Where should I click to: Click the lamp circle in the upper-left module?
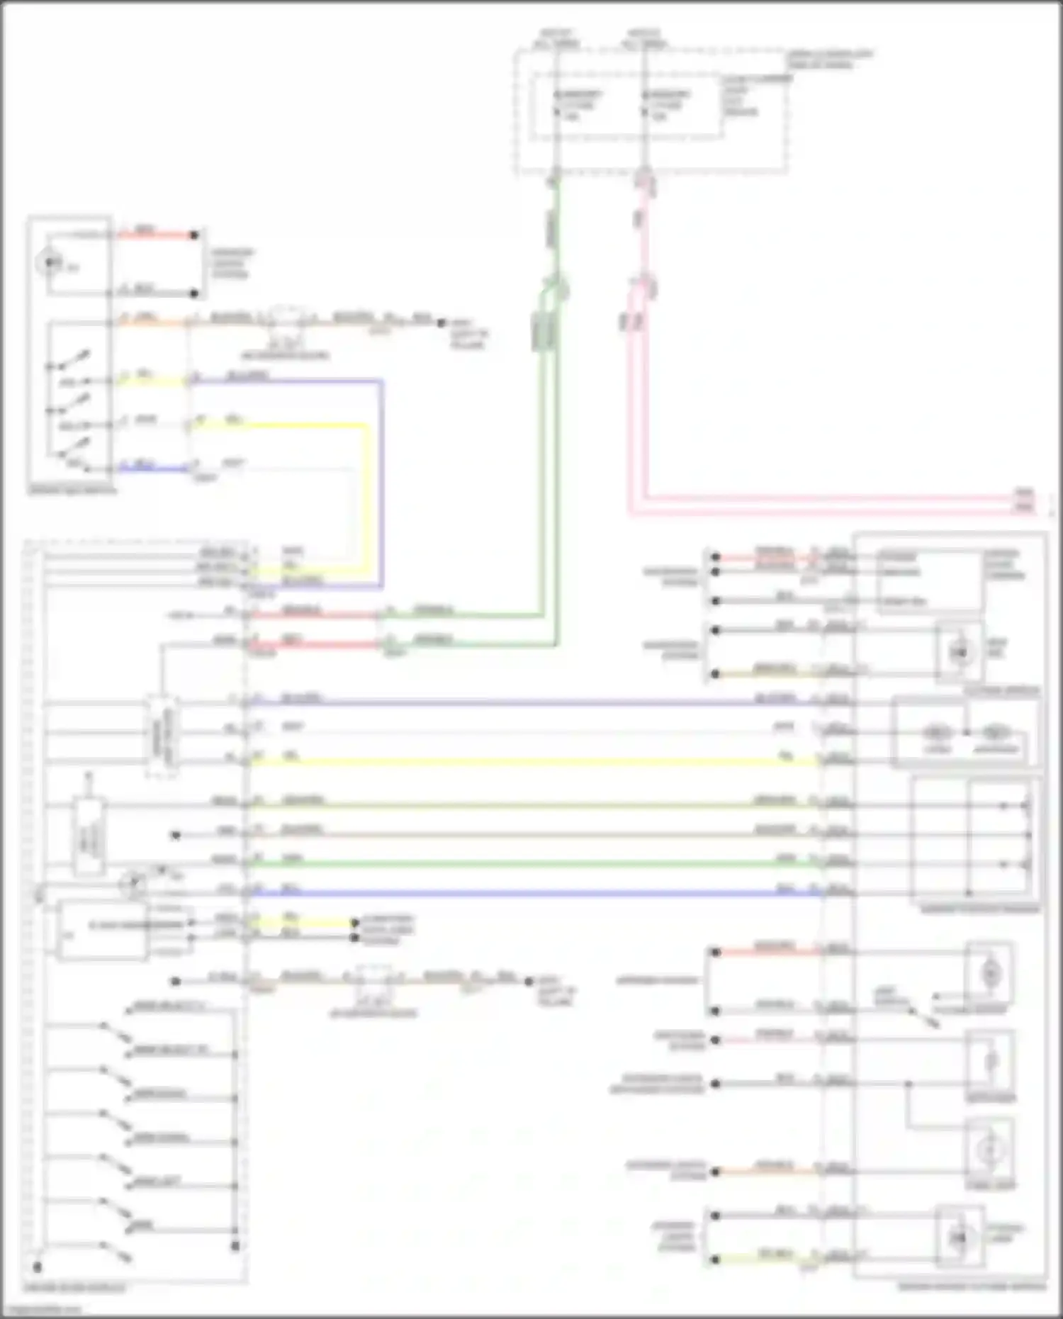[49, 264]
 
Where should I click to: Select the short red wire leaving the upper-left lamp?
[156, 235]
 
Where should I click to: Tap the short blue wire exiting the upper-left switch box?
[152, 468]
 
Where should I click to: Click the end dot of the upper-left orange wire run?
[441, 322]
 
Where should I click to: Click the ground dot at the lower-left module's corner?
[38, 1267]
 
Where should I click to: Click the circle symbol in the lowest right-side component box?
[958, 1237]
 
